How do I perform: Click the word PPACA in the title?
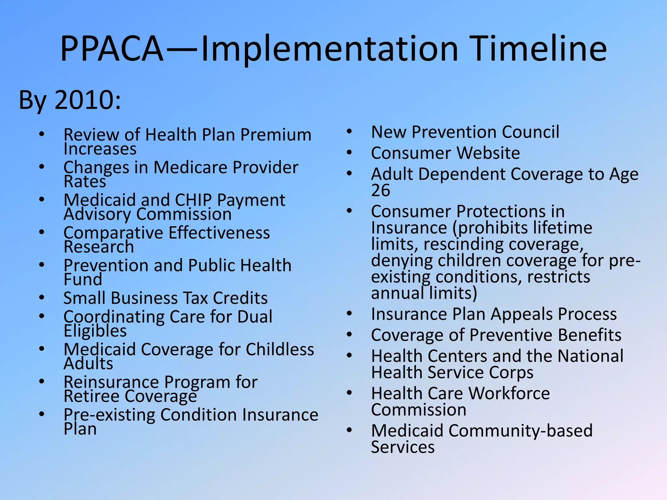click(112, 49)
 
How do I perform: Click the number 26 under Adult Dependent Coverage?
click(380, 190)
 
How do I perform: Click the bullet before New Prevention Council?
click(349, 132)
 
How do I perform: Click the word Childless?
click(280, 350)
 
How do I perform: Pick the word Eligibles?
click(95, 331)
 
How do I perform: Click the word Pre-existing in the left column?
click(109, 415)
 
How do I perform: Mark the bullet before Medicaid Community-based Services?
click(349, 430)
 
